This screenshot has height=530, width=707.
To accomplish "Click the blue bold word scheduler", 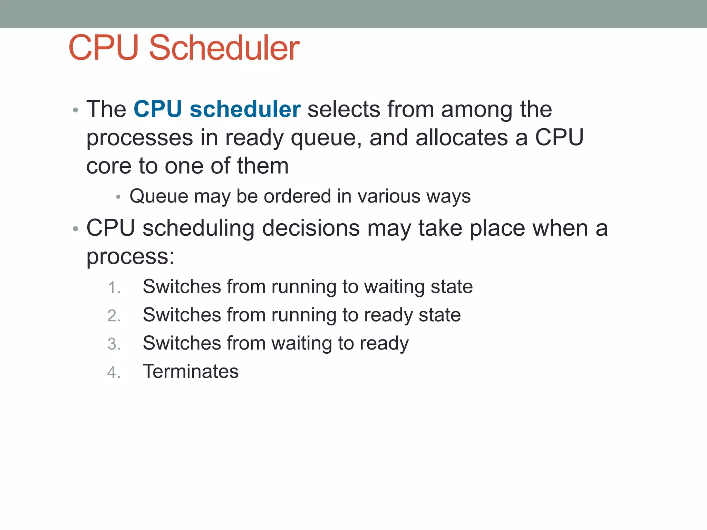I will (x=245, y=109).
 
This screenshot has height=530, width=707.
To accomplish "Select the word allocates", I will (x=462, y=137).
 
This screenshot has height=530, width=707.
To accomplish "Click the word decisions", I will (x=311, y=228).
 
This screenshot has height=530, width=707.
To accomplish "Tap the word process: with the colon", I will (x=130, y=257).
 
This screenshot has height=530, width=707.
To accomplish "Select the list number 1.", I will (x=114, y=287).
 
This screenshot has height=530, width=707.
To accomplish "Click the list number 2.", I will (x=114, y=316).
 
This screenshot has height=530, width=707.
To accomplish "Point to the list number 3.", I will (x=114, y=344).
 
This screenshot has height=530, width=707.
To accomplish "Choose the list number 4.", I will (x=114, y=372).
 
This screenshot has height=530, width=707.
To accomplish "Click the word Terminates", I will (x=191, y=371).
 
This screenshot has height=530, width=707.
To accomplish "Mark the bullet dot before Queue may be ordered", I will (x=118, y=197).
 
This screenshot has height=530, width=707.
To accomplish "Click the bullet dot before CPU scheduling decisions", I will (x=76, y=229).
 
